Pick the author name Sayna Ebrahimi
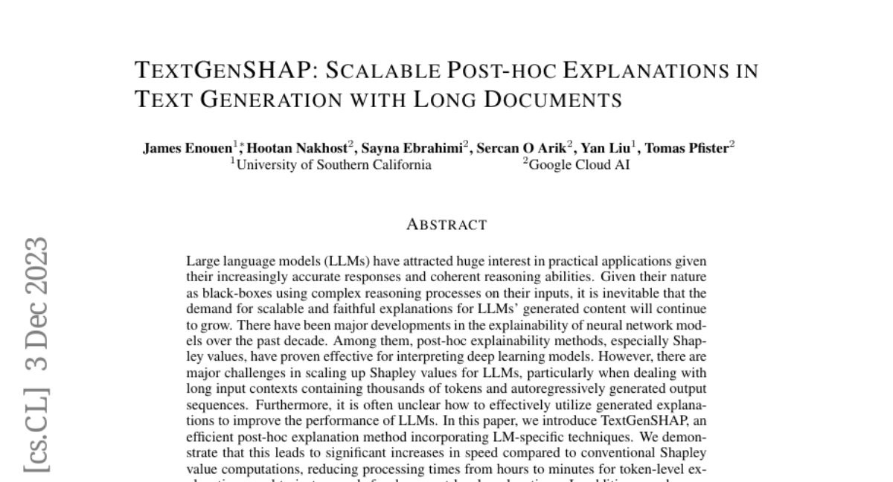pos(413,148)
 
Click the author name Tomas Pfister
pos(686,148)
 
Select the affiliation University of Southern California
pos(333,165)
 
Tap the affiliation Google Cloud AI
pos(578,165)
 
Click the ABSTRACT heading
pos(446,225)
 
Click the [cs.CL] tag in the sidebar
pos(37,430)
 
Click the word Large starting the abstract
pos(202,262)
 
